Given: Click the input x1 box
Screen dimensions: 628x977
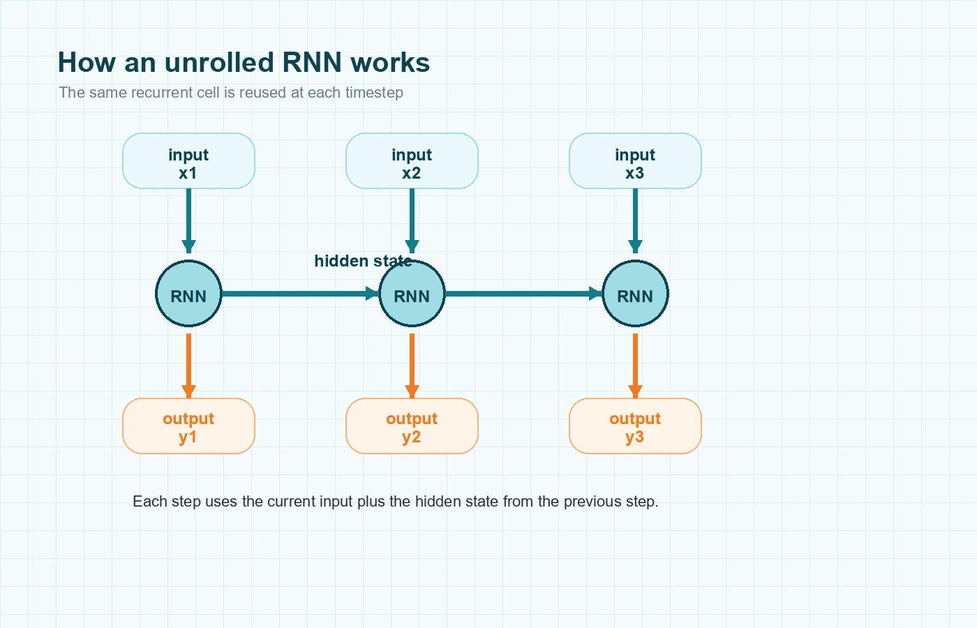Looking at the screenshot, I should coord(188,161).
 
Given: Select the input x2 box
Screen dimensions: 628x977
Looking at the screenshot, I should coord(412,161).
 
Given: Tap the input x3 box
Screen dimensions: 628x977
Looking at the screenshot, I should coord(635,161).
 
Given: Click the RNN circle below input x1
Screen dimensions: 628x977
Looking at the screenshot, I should coord(188,294).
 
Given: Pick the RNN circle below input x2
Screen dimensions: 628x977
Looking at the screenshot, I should coord(412,294).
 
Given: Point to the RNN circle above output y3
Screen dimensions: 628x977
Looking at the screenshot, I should coord(635,294).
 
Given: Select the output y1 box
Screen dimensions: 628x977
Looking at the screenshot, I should coord(188,426).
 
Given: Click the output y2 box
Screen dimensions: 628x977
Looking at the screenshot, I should coord(412,426).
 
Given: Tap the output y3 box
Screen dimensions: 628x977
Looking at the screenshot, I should coord(635,426).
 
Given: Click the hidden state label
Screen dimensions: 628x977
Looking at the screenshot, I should coord(362,261).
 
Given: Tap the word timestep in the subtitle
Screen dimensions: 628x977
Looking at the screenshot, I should coord(373,93).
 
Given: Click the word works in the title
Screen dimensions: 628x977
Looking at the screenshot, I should coord(390,63).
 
